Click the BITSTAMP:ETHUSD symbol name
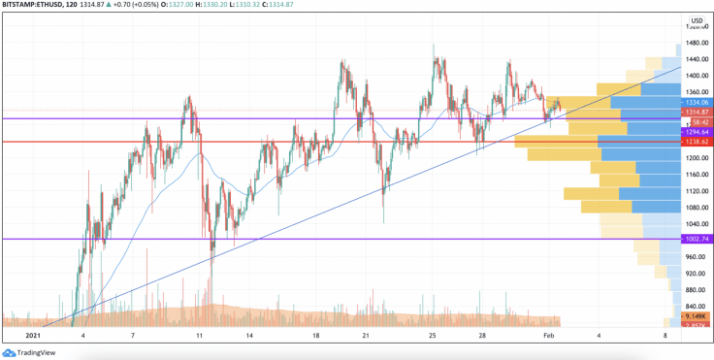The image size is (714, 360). click(38, 6)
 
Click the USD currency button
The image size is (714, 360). click(696, 20)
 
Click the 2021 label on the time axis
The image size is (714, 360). click(33, 336)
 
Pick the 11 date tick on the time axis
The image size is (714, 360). click(198, 336)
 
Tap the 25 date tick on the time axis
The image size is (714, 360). click(434, 336)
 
